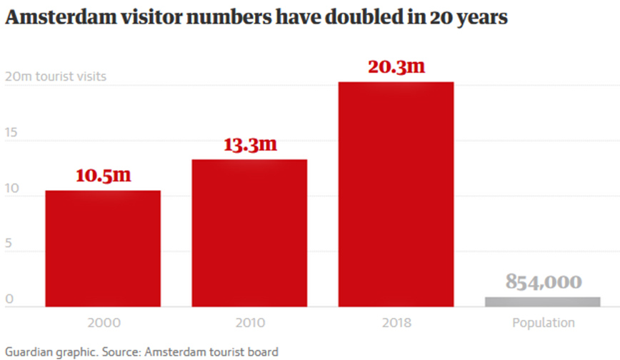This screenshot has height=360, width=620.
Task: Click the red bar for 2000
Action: [103, 249]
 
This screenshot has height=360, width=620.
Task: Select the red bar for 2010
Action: [249, 233]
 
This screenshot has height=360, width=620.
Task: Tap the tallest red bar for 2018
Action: [396, 194]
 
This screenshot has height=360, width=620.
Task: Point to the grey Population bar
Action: [543, 301]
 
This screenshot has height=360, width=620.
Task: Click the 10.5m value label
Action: [104, 176]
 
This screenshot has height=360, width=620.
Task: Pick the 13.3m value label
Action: [250, 144]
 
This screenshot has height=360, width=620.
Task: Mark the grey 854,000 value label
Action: [544, 281]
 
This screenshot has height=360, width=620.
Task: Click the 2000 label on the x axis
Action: [103, 323]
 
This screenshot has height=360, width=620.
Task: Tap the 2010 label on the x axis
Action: [249, 323]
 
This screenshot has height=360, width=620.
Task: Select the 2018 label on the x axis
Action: [396, 323]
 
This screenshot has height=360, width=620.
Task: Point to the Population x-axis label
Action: [543, 323]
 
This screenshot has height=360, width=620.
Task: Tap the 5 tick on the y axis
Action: [9, 244]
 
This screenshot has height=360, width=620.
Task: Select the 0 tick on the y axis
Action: [9, 299]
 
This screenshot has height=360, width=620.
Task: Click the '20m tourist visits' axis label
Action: [56, 76]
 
